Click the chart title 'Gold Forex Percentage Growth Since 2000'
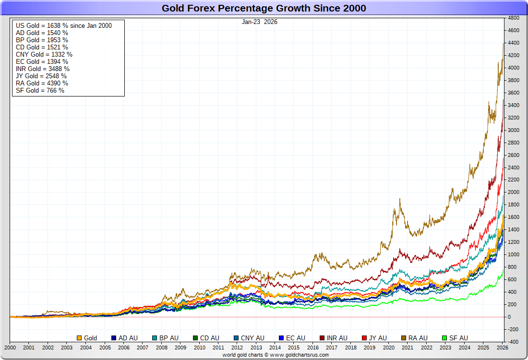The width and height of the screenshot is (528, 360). pos(264,8)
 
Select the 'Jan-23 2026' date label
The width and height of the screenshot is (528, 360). pos(260,22)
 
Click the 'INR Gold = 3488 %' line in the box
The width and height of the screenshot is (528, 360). pos(43,69)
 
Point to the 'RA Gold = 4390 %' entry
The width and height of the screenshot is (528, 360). pos(42,83)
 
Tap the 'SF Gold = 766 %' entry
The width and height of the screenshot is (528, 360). pos(40,90)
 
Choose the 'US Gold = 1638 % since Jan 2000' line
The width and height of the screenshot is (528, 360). pos(64,25)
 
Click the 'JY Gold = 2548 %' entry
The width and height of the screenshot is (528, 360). pos(41,76)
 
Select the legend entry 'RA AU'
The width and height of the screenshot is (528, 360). pos(414,338)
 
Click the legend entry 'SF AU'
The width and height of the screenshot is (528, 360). pos(455,338)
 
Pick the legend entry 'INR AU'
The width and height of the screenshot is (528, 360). pos(333,338)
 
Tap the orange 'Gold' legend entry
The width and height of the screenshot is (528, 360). pos(87,338)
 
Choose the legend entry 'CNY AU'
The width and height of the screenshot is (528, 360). pos(249,338)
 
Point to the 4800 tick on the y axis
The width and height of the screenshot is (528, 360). pos(514,18)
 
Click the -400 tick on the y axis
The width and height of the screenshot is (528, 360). pos(514,342)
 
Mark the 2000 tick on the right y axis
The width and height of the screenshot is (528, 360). pos(514,192)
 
